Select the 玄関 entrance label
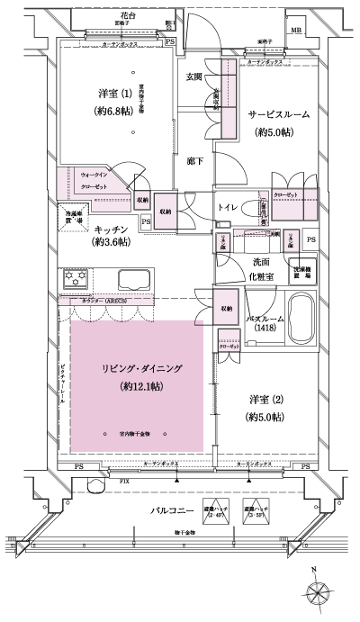(194, 77)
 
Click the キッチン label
(106, 229)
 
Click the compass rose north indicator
(321, 593)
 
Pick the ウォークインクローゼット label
(95, 179)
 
